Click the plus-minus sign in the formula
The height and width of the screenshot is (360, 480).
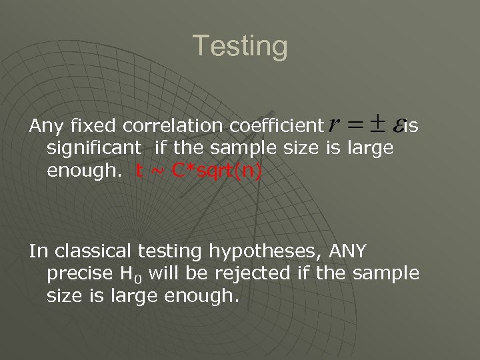(379, 122)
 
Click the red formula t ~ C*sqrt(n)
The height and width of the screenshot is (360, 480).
(199, 172)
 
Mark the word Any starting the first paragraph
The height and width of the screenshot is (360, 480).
(44, 126)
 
